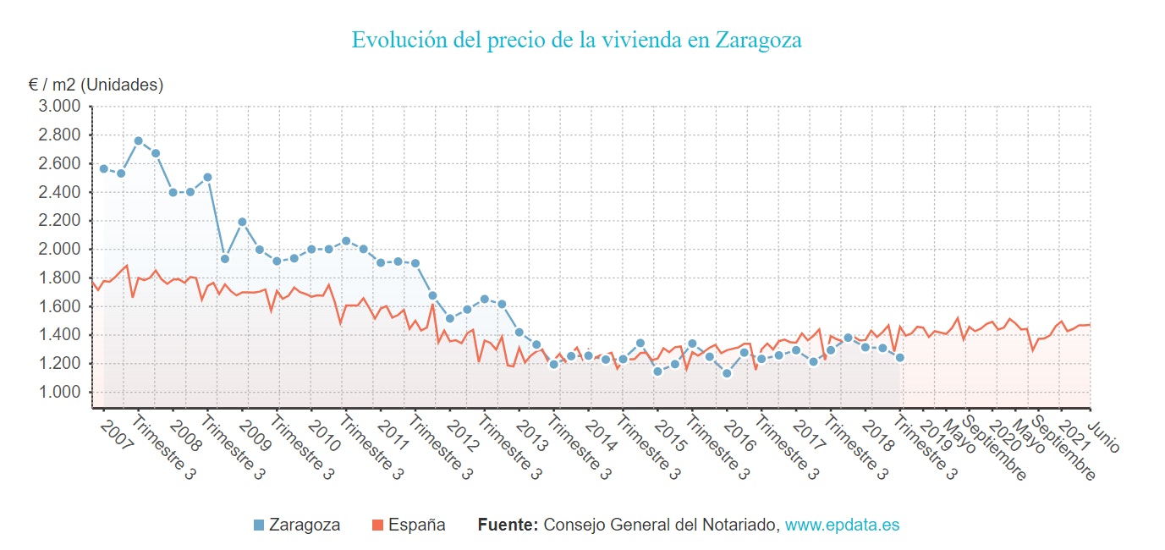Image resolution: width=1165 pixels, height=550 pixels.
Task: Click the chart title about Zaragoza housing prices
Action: click(x=576, y=41)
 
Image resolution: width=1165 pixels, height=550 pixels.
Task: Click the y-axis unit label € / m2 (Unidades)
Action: click(x=96, y=85)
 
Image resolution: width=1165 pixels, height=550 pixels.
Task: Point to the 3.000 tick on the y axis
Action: click(x=59, y=107)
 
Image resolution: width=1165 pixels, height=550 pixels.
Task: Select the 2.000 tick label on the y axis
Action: click(x=59, y=250)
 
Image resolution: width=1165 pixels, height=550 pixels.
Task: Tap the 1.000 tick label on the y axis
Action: click(x=59, y=393)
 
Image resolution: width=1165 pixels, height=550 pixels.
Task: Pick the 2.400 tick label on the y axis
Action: click(x=59, y=192)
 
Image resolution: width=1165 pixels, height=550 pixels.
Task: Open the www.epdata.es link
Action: click(x=842, y=525)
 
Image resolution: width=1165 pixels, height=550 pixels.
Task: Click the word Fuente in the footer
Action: click(x=508, y=525)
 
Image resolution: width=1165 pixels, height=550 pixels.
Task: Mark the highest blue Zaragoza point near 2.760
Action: click(x=139, y=140)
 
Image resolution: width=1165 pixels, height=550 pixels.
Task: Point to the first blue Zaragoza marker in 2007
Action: click(x=104, y=168)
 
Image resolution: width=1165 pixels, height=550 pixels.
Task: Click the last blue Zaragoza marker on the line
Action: click(x=900, y=357)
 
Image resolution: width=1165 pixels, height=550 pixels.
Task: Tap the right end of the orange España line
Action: click(x=1090, y=324)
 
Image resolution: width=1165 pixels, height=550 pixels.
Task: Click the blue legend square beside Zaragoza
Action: click(x=259, y=525)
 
